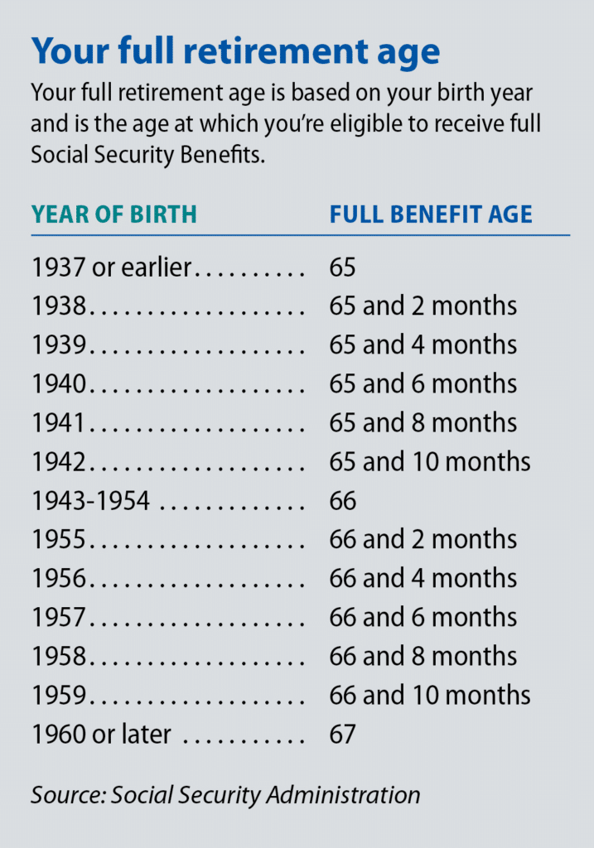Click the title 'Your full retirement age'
point(235,51)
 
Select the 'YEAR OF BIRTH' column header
point(114,214)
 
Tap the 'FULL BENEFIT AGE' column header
point(430,214)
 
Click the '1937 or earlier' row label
point(112,267)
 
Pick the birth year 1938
point(59,306)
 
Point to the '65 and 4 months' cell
point(423,345)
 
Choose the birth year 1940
point(59,384)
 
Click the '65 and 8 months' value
point(423,423)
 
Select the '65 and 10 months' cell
point(429,462)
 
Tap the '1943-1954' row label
point(91,501)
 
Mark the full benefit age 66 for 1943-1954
point(342,501)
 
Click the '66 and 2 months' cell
point(423,540)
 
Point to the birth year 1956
point(59,579)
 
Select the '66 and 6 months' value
point(423,618)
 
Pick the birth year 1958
point(59,657)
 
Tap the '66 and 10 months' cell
point(429,696)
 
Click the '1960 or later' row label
point(101,735)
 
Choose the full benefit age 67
point(342,735)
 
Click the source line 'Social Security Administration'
point(265,795)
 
